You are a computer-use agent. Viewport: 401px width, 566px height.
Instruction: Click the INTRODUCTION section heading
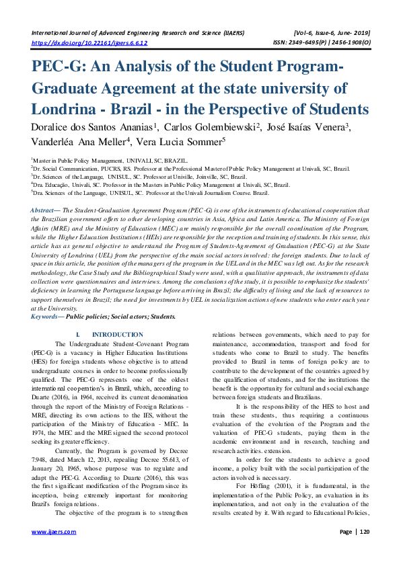(116, 334)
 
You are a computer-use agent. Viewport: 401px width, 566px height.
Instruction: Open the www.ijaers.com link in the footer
(54, 531)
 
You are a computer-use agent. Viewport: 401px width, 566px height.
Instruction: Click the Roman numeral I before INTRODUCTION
(78, 334)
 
